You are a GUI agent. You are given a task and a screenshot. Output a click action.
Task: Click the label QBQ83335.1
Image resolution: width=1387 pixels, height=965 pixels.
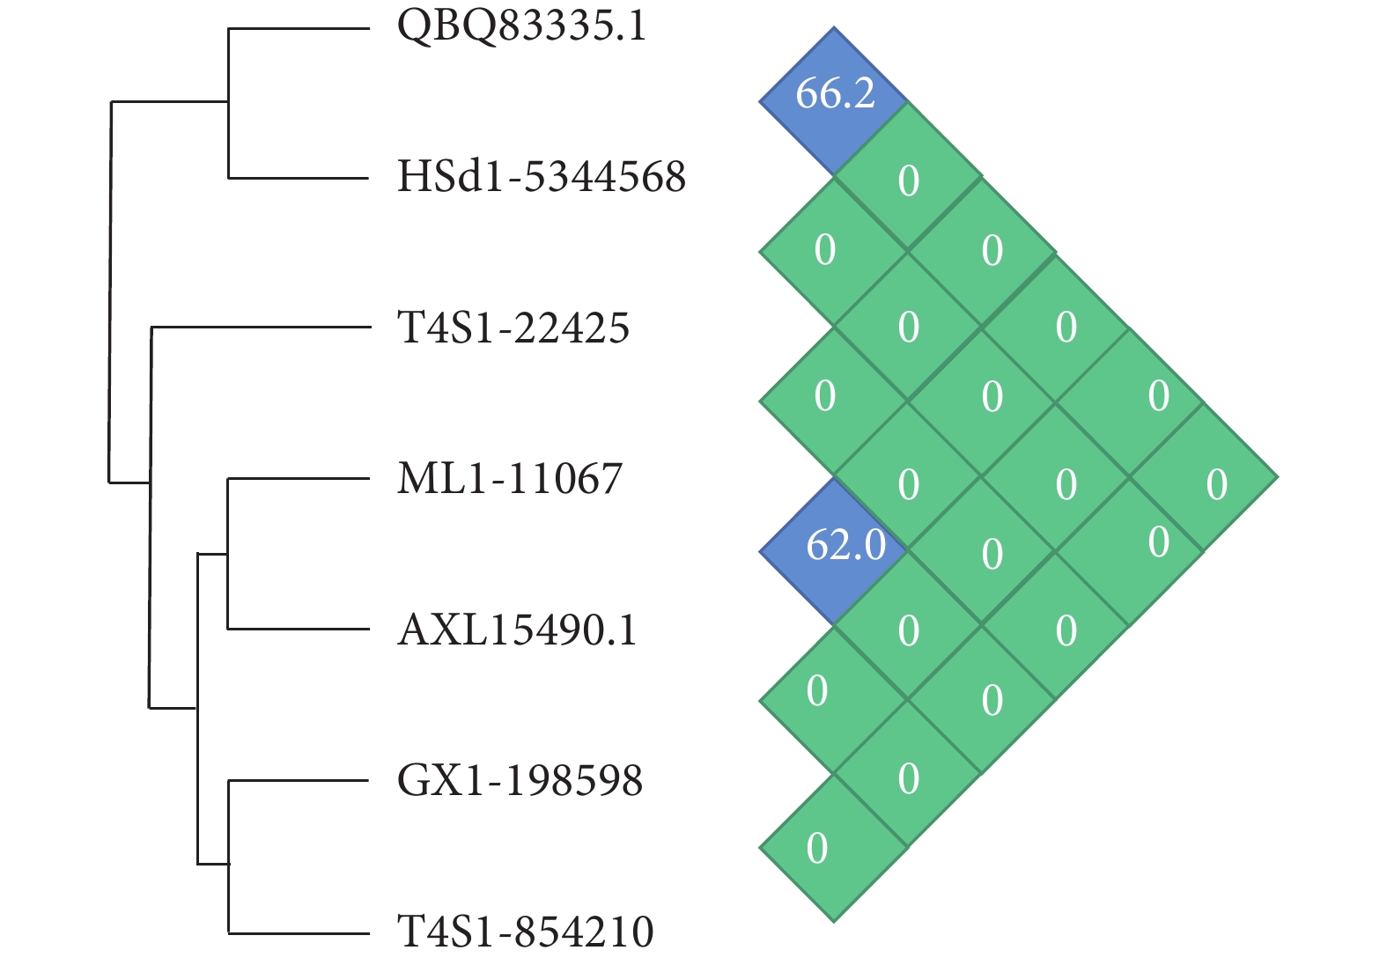(x=521, y=26)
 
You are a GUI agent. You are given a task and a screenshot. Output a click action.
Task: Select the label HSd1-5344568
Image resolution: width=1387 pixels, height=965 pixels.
(x=541, y=177)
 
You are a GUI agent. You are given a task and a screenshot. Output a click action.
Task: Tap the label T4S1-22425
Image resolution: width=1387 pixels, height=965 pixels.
(x=513, y=328)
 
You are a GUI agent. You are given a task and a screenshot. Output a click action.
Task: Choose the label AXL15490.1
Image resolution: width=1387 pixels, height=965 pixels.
(x=517, y=630)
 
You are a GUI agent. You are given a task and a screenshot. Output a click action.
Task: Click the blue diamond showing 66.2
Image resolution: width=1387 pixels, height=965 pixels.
(x=833, y=101)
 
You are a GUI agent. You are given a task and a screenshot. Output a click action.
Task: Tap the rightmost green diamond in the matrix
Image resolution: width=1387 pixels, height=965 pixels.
(x=1204, y=478)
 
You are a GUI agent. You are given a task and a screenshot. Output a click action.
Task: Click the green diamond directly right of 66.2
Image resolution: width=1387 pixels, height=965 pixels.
(x=908, y=176)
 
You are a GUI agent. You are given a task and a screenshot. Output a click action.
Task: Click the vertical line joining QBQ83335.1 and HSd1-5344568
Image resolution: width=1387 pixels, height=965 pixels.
(x=229, y=103)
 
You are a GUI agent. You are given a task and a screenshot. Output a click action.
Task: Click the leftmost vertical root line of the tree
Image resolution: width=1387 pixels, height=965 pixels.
(x=110, y=291)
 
